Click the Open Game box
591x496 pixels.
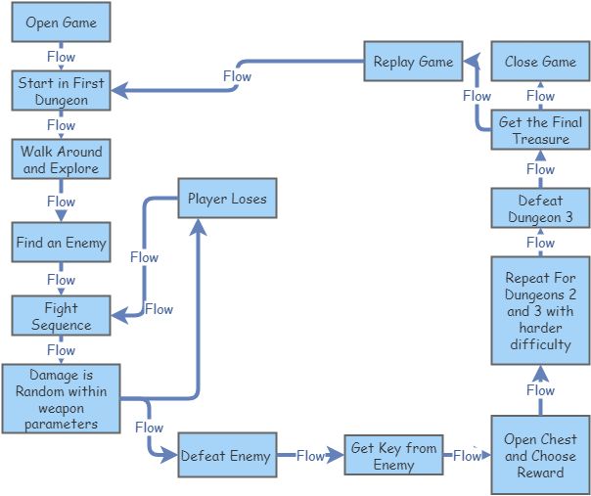click(x=61, y=23)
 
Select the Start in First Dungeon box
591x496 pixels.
click(x=61, y=91)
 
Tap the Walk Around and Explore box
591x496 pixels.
click(x=61, y=159)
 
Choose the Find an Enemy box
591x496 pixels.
click(x=61, y=242)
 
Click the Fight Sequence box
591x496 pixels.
click(x=61, y=317)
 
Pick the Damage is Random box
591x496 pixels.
click(x=61, y=398)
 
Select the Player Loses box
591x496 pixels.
click(x=227, y=200)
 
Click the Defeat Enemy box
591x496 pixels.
click(x=228, y=456)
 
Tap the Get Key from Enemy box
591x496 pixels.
click(x=393, y=456)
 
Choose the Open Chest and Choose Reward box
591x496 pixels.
click(x=540, y=456)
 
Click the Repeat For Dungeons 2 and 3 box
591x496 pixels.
click(x=540, y=311)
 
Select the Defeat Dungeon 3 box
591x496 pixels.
click(x=540, y=209)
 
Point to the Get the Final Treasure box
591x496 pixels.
click(x=540, y=131)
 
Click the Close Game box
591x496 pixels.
click(x=540, y=62)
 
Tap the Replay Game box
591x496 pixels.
click(x=413, y=62)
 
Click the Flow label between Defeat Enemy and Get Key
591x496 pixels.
click(x=310, y=456)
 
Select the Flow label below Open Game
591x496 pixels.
click(x=61, y=57)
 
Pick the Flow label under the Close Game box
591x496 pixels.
click(x=540, y=96)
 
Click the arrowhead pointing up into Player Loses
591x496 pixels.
click(x=200, y=227)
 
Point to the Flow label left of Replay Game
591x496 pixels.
click(x=237, y=76)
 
